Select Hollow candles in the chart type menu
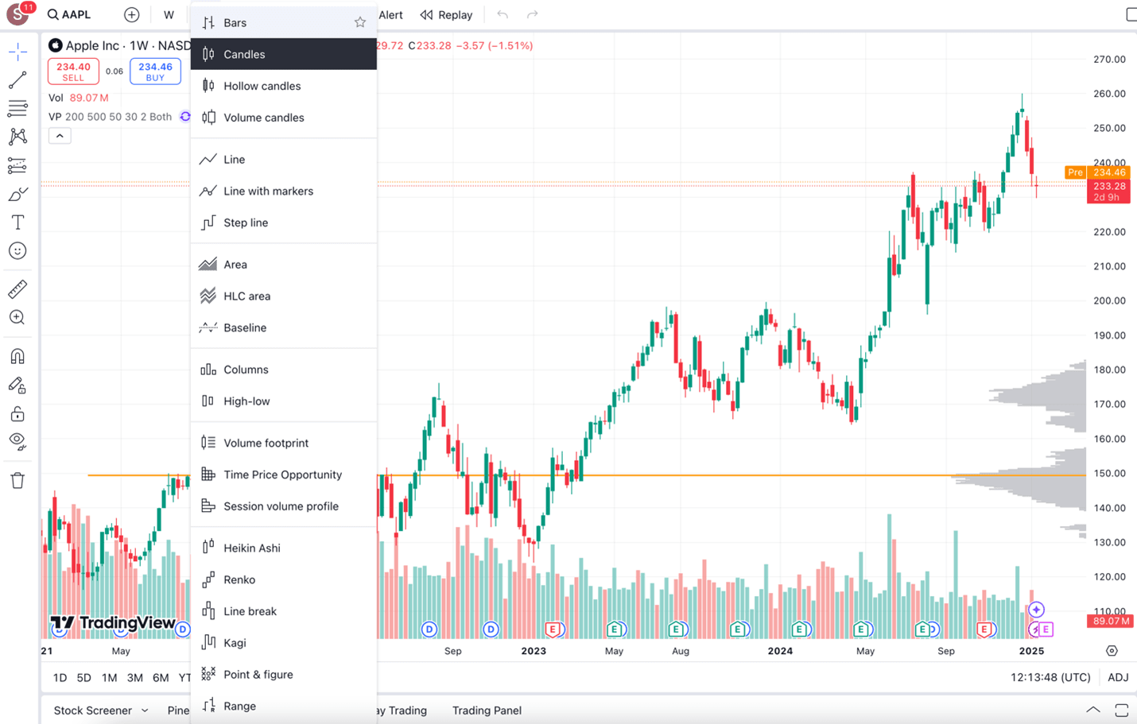click(x=262, y=86)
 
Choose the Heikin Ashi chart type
click(x=251, y=548)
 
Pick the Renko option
click(x=239, y=579)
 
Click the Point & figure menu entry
click(x=258, y=674)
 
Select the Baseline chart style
click(x=244, y=327)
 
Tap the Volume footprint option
click(x=266, y=443)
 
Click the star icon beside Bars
click(x=360, y=22)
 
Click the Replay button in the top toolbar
click(x=447, y=14)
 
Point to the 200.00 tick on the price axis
click(x=1109, y=300)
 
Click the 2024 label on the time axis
click(x=780, y=651)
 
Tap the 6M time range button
click(x=161, y=678)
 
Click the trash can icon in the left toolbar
click(x=17, y=480)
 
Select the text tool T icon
click(x=17, y=223)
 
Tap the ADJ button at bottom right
click(x=1118, y=677)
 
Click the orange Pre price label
click(x=1075, y=172)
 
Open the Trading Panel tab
click(x=487, y=710)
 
